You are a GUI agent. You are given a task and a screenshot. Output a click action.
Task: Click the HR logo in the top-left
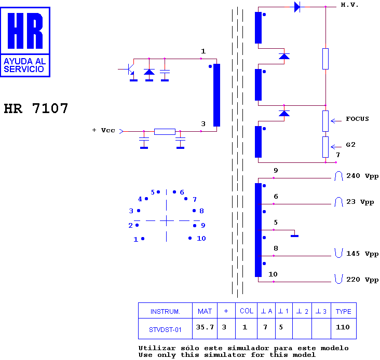25,42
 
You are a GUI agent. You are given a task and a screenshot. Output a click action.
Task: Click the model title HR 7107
36,108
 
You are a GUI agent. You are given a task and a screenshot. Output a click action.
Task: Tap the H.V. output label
349,5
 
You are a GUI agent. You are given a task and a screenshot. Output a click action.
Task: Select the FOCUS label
357,119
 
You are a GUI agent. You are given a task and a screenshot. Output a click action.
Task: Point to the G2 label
350,145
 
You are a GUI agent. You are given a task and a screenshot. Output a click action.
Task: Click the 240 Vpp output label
362,176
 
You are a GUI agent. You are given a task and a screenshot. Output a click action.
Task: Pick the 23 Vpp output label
360,202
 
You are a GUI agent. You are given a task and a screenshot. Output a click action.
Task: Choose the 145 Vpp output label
362,254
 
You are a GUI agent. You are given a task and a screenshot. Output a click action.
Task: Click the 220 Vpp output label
362,280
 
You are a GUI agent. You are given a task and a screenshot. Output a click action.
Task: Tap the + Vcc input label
104,130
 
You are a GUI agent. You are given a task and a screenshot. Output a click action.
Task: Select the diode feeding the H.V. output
297,7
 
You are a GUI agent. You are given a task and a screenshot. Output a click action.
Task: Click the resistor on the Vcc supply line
165,132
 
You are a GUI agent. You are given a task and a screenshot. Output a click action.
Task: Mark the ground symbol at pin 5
294,236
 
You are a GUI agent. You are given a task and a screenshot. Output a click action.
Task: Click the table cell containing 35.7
205,328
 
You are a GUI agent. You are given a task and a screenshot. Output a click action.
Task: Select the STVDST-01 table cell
165,328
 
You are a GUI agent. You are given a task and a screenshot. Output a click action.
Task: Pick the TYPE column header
344,311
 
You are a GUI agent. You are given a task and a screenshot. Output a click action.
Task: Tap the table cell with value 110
344,328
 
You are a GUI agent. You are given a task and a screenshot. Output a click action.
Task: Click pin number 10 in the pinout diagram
201,239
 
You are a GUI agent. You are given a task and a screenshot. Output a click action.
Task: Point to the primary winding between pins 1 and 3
216,95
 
